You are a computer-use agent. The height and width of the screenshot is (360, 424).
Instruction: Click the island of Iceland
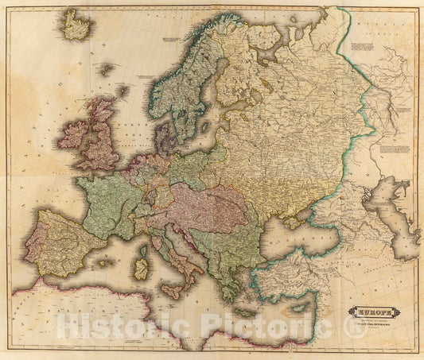pos(77,26)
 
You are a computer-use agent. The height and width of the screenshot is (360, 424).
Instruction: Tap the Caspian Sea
pos(398,211)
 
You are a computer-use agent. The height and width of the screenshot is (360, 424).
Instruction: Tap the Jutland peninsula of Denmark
pos(161,137)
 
